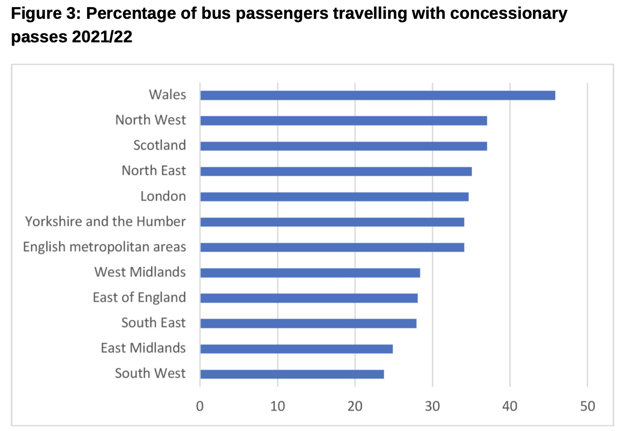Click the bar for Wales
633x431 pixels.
(x=378, y=96)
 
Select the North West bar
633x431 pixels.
(x=343, y=120)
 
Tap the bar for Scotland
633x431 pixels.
(x=343, y=146)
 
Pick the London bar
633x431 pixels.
(x=334, y=197)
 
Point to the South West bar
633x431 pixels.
(x=292, y=374)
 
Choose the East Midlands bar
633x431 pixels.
(x=296, y=349)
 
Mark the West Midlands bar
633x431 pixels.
(x=310, y=273)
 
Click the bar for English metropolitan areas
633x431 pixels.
(x=332, y=247)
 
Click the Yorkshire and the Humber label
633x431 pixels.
(x=105, y=222)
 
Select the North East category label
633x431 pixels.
(x=154, y=170)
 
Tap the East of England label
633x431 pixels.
(x=139, y=297)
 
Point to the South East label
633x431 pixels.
(x=153, y=323)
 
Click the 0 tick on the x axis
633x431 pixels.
(x=200, y=406)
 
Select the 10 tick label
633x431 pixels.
(x=277, y=406)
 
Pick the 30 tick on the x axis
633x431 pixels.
(x=432, y=406)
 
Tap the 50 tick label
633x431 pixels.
(x=587, y=406)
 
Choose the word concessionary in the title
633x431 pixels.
(x=508, y=14)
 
